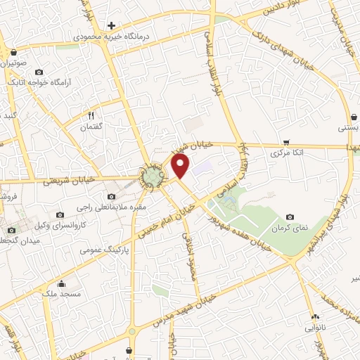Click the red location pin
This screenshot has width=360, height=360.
(x=181, y=166)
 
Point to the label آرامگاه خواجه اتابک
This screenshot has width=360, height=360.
(x=39, y=82)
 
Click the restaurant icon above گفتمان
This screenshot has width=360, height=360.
(x=91, y=115)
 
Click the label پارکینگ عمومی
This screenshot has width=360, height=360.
(x=103, y=249)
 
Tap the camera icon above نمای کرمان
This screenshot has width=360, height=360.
(x=290, y=217)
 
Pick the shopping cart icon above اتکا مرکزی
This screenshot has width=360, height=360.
(x=285, y=141)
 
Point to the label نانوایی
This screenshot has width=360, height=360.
(x=313, y=327)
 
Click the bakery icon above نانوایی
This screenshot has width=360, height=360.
(x=314, y=316)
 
